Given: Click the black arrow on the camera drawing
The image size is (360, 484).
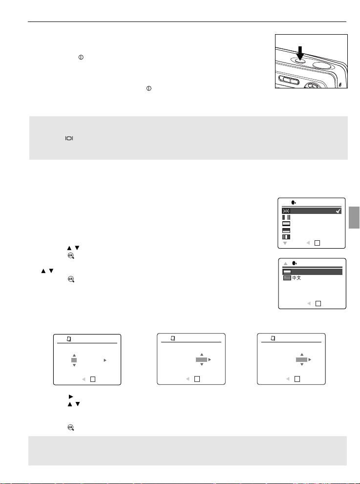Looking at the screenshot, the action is tap(300, 53).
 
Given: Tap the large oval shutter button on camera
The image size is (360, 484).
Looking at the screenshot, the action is tap(322, 65).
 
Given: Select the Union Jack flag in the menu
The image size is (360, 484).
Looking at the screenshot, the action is tap(286, 211).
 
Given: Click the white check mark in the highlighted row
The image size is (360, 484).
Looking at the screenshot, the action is tap(339, 211).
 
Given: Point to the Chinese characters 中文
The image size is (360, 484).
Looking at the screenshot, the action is tap(296, 278).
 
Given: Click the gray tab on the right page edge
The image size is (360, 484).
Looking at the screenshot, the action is tap(354, 218).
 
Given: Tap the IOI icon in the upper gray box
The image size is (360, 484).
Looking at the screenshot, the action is tap(69, 138).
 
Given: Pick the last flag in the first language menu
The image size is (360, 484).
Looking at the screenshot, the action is tap(286, 237).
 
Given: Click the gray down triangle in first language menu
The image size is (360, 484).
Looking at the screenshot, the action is tap(285, 243).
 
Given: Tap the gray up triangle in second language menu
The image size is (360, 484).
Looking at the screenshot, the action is tap(286, 263).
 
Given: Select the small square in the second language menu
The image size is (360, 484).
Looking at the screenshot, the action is tap(318, 303).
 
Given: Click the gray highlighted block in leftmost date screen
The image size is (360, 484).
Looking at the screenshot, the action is tap(74, 360).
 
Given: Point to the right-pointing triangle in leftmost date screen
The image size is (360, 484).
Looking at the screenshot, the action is tap(105, 360).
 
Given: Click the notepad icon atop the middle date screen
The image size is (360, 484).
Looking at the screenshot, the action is tap(173, 338).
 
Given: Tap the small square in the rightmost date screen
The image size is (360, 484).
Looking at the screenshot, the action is tap(297, 379).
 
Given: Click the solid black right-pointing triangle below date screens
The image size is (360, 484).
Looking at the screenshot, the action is tap(71, 397).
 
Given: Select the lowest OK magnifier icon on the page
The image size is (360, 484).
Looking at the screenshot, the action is tap(71, 427).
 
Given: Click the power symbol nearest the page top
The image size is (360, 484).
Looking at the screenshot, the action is tap(81, 57).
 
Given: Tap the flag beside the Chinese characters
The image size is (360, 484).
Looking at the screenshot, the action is tap(287, 278).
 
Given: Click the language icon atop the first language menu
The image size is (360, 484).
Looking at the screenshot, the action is tap(294, 203).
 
